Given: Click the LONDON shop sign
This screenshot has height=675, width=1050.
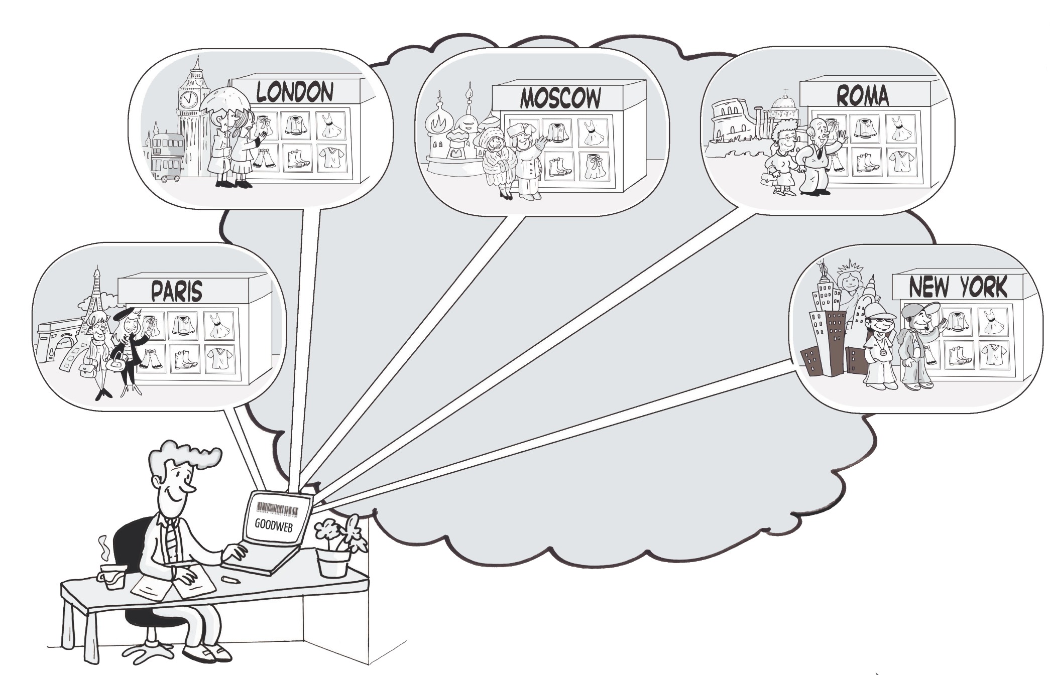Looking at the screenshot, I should click(295, 92).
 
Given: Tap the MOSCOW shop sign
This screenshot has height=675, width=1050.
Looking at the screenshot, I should click(560, 98).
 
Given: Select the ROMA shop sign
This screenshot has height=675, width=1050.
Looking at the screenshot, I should click(862, 95).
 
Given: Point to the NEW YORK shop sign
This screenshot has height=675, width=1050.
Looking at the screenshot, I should click(958, 288).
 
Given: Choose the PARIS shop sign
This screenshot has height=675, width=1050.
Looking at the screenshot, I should click(177, 292).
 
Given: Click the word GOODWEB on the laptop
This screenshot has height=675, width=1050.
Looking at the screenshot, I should click(273, 524).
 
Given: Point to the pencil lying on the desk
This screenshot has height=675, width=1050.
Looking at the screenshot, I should click(230, 580).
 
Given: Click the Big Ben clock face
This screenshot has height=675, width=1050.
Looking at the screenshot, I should click(189, 99).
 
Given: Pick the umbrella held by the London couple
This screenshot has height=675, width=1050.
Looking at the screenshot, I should click(225, 98).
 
